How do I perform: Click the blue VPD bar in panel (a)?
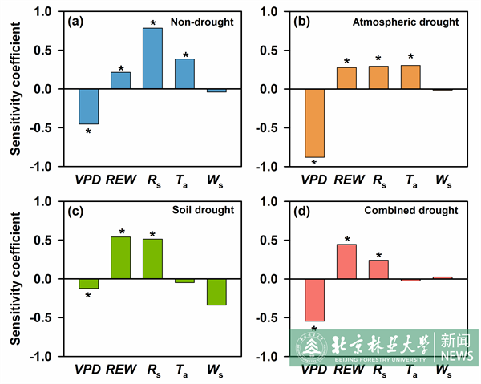(88, 106)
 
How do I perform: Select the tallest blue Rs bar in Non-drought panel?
(152, 59)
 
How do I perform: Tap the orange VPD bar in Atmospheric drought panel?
(313, 123)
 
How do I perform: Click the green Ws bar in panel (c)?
(216, 292)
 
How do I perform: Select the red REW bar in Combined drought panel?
(346, 261)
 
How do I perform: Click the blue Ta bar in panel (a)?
(184, 74)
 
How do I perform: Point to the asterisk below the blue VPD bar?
(88, 131)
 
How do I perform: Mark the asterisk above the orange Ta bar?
(411, 58)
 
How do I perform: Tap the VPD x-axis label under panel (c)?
(88, 370)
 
